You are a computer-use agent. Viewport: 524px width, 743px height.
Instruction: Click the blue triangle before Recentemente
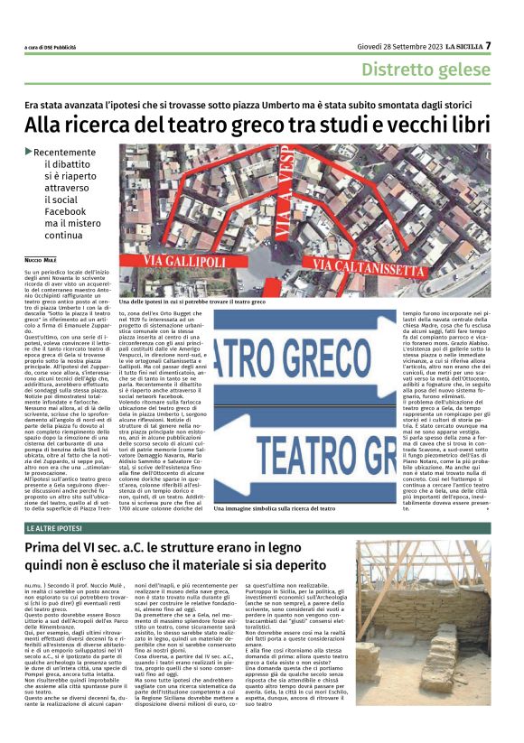click(x=28, y=152)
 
